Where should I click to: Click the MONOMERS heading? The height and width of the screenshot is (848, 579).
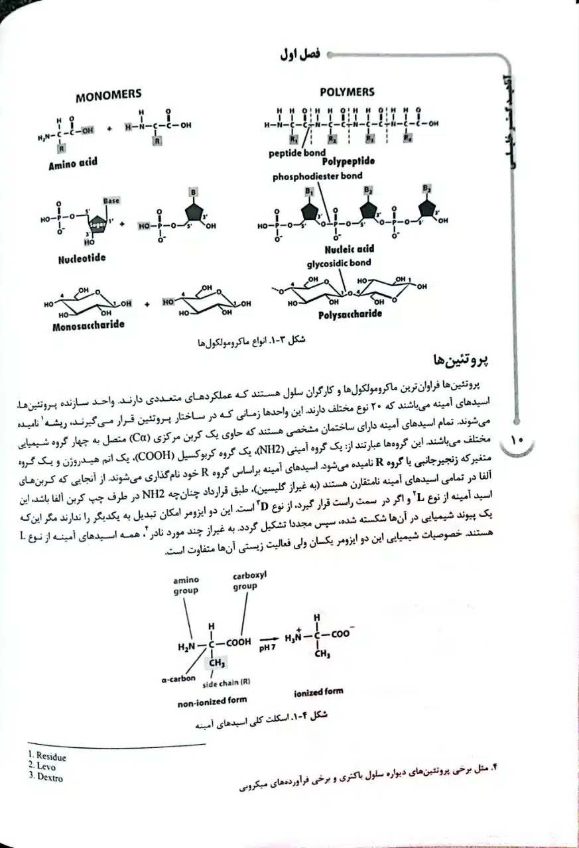point(108,95)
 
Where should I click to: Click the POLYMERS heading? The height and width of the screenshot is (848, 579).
point(347,92)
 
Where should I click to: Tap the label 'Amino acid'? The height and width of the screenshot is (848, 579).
point(72,164)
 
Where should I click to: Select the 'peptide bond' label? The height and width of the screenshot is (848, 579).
point(297,153)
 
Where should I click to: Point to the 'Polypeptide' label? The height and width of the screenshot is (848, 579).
point(348,161)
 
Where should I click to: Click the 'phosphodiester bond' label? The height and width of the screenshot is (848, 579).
point(317,177)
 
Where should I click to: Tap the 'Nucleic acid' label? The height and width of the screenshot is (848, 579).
point(349,249)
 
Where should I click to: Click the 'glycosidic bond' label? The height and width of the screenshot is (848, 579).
point(339,263)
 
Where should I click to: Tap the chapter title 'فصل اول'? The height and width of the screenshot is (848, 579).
point(300,56)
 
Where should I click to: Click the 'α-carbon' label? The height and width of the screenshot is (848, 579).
point(178,678)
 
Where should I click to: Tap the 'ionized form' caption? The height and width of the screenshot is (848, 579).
point(318,692)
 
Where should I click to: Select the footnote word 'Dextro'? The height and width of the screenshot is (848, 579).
point(50,778)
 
